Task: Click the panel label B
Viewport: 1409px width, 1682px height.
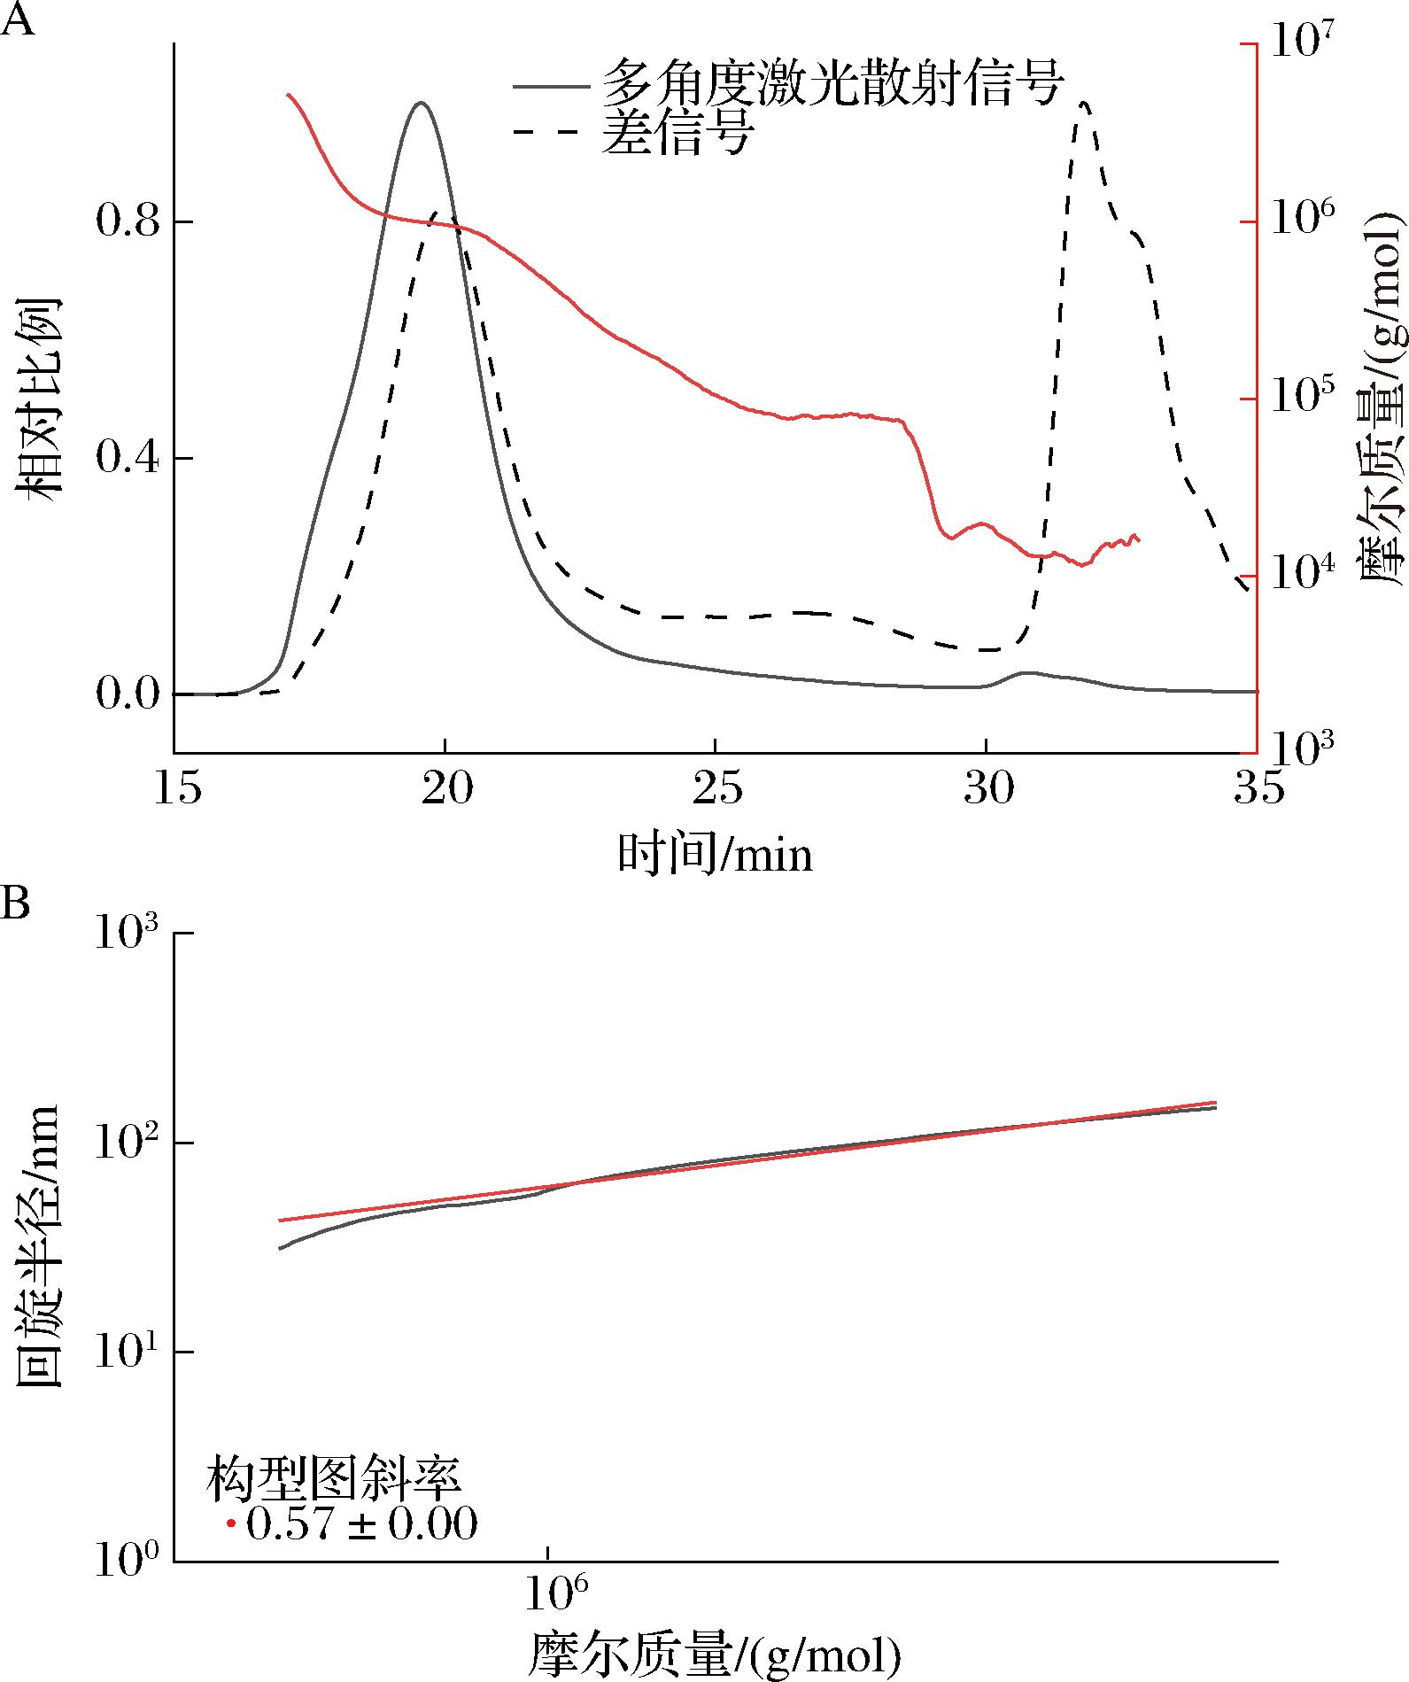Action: [x=17, y=904]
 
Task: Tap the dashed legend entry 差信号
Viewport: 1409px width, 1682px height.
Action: [x=677, y=133]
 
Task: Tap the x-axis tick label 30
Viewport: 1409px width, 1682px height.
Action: [x=987, y=787]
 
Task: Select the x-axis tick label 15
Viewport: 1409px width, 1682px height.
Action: [x=180, y=787]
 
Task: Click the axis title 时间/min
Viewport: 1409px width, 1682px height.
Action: [x=715, y=855]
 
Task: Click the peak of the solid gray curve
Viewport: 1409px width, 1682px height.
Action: [x=421, y=103]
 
